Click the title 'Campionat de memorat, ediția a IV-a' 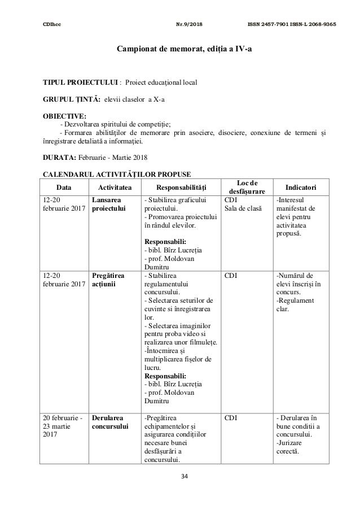tap(179, 49)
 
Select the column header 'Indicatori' tap(300, 187)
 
